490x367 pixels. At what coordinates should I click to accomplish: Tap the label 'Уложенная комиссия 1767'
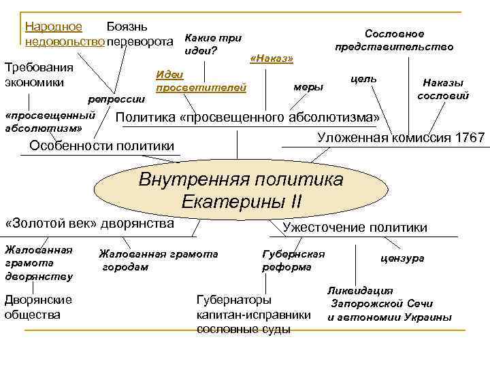401,138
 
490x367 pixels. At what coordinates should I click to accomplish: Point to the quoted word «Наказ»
272,59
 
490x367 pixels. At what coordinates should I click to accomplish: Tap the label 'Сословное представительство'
394,40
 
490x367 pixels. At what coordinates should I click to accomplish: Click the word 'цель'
363,79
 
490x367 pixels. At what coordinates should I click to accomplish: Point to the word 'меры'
308,87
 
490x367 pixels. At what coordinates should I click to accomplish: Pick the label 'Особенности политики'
102,145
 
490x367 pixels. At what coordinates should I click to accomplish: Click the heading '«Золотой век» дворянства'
89,223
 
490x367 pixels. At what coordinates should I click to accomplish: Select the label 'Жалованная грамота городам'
158,260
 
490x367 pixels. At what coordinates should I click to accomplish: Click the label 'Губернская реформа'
293,260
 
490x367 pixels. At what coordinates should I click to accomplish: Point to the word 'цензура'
402,258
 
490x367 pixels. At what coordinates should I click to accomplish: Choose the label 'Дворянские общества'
38,307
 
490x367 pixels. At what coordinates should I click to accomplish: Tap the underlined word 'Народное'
53,27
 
